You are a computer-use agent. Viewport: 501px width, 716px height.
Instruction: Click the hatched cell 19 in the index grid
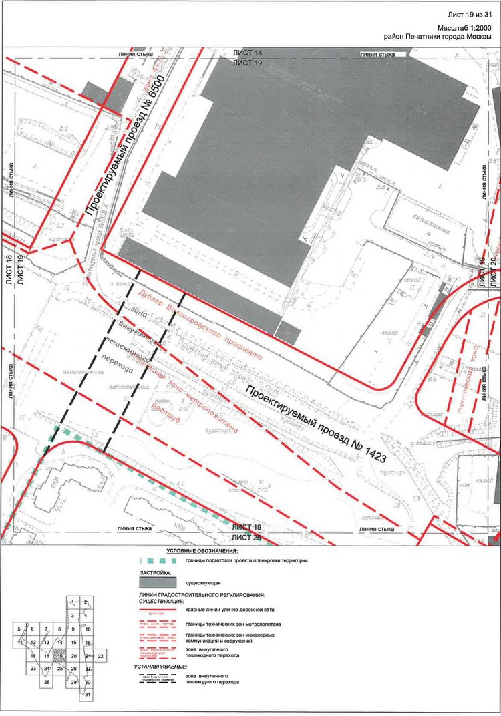coord(60,657)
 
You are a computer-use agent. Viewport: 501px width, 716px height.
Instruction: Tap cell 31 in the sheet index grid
coord(88,695)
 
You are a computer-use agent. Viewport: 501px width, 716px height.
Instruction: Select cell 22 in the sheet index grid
coord(101,657)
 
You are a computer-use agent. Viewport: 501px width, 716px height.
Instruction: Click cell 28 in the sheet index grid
coord(47,682)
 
